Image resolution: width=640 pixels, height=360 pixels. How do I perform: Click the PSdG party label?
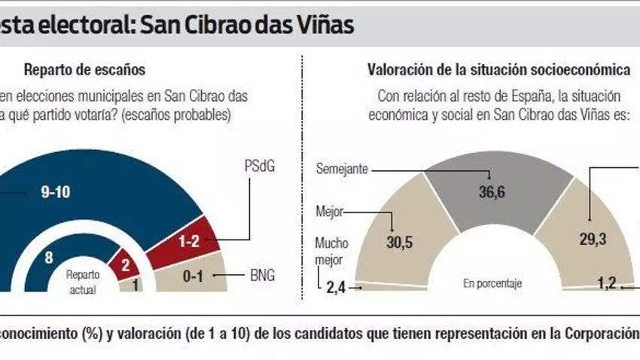click(x=258, y=165)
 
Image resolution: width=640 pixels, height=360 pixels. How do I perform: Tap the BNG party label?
click(x=261, y=276)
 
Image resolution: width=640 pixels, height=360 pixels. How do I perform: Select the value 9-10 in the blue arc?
click(x=55, y=192)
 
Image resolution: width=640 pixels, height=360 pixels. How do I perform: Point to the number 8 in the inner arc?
click(x=47, y=257)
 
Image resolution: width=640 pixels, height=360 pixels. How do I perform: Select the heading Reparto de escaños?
click(x=84, y=70)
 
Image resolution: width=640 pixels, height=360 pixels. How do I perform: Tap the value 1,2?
click(x=607, y=283)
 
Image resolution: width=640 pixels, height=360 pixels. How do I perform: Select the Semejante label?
click(x=343, y=169)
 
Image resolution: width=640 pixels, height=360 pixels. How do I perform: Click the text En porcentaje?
click(x=492, y=284)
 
